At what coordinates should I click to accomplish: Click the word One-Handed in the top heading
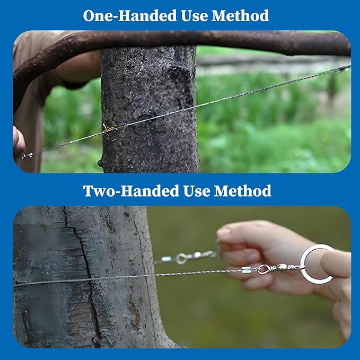tap(130, 15)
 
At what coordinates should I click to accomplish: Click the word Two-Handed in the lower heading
tap(131, 191)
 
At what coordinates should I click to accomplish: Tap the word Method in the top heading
tap(240, 15)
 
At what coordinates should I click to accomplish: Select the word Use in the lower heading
tap(197, 191)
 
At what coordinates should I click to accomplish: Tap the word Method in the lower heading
tap(242, 191)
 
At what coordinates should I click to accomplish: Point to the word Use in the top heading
tap(195, 16)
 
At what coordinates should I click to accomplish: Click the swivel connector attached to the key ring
tap(280, 268)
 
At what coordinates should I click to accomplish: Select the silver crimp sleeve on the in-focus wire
tap(245, 270)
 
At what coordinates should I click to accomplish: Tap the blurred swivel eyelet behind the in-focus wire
tap(181, 259)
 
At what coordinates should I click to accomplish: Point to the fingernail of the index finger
tap(223, 233)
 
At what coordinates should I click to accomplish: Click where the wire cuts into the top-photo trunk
tap(106, 128)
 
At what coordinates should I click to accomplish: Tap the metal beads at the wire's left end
tap(27, 156)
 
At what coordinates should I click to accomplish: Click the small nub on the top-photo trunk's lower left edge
tap(100, 163)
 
